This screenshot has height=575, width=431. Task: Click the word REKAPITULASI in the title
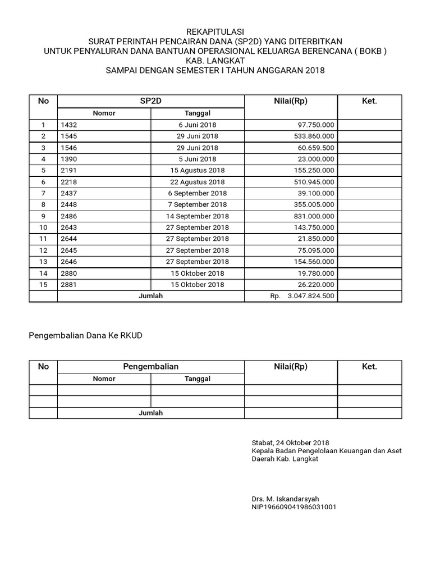(215, 31)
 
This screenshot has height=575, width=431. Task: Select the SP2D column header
(150, 101)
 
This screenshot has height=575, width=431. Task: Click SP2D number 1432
(68, 125)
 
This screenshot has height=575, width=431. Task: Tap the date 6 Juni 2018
(198, 125)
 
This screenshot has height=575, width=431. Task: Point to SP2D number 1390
(68, 159)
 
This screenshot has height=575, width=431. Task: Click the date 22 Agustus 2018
(198, 182)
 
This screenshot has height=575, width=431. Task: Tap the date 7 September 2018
(198, 204)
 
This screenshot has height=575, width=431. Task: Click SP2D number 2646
(68, 262)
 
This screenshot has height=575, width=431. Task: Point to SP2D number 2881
(68, 285)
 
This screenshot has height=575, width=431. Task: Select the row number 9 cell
(43, 216)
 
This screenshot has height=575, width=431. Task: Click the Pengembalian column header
(150, 367)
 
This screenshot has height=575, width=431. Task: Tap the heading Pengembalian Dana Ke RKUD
(86, 336)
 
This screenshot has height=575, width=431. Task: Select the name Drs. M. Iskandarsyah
(286, 498)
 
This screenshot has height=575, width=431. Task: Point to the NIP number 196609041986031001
(295, 506)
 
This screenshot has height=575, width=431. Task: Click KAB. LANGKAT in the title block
(215, 61)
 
